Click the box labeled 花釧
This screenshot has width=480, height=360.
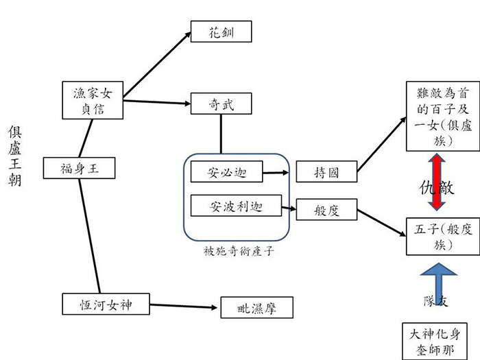pyautogui.click(x=221, y=32)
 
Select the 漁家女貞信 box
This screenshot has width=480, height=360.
pyautogui.click(x=93, y=100)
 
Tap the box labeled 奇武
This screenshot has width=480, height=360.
pyautogui.click(x=221, y=104)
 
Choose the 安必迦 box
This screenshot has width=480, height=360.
pyautogui.click(x=226, y=171)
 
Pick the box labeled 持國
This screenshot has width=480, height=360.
pyautogui.click(x=326, y=172)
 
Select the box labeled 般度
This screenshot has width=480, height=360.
pyautogui.click(x=326, y=210)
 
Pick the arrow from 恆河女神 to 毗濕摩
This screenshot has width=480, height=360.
pyautogui.click(x=182, y=306)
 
